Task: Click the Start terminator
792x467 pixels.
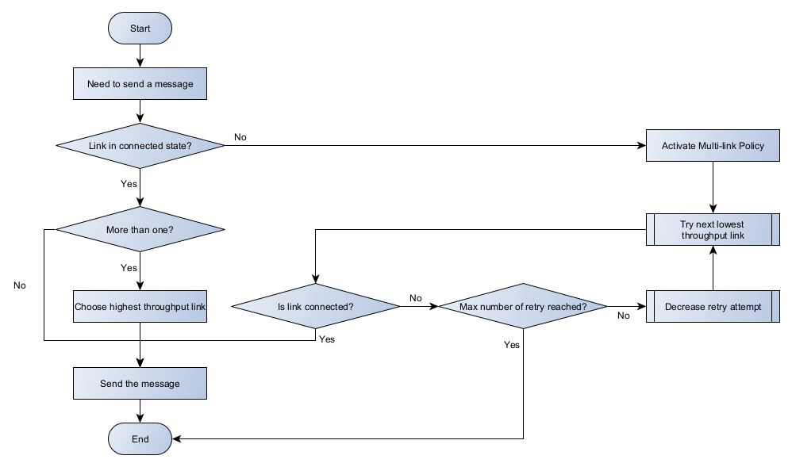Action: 140,29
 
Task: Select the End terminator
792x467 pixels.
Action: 140,438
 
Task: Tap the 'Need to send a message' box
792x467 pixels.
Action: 140,83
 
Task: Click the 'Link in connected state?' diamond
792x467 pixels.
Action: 140,146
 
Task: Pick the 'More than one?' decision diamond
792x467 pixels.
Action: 140,230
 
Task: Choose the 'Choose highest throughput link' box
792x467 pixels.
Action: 140,307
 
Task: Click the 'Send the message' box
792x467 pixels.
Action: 140,384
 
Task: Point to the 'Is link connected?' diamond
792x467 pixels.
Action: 315,307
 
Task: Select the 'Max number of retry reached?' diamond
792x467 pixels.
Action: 523,307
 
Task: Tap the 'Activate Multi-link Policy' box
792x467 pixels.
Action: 713,146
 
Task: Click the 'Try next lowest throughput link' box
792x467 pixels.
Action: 712,230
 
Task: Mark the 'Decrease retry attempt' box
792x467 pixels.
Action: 713,307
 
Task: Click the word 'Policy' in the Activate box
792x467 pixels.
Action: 750,146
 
